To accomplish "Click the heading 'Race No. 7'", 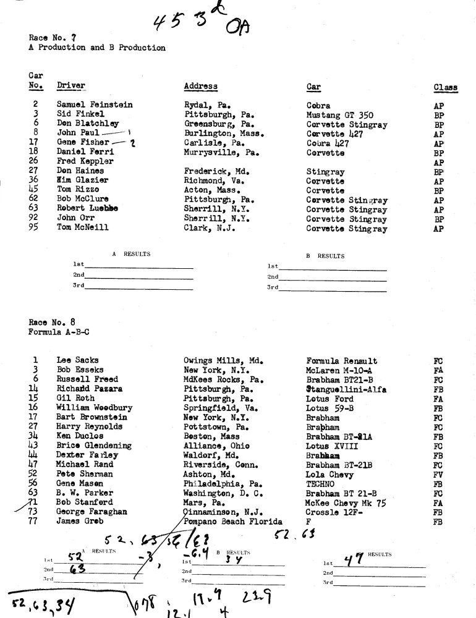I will (47, 38).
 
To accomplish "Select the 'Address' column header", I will (200, 86).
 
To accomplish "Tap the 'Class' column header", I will (445, 88).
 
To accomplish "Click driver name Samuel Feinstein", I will (95, 105).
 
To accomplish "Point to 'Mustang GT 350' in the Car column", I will (339, 115).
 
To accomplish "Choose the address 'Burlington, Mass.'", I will (224, 133).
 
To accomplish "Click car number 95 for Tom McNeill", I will (36, 228).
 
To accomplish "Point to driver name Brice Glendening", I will (94, 445).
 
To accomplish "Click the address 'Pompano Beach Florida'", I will (232, 522).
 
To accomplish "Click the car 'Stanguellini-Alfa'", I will (346, 389).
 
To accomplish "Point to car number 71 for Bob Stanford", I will (35, 502).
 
